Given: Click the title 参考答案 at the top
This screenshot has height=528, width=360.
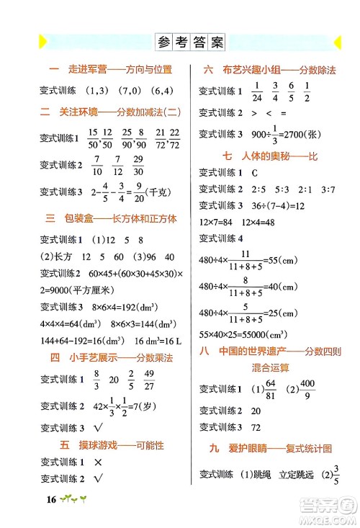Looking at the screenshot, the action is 190,42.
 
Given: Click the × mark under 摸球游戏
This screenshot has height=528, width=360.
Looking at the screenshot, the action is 96,461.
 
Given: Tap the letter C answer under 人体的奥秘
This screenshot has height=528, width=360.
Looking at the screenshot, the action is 254,173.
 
